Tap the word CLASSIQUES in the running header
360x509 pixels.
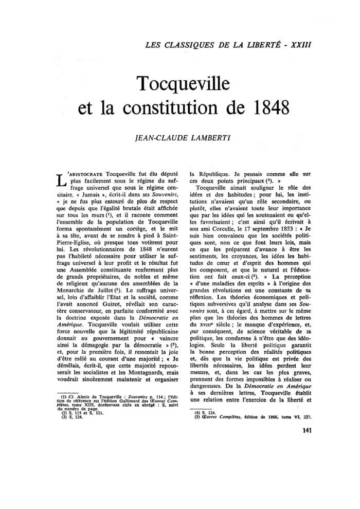[188, 44]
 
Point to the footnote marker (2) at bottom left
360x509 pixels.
[65, 413]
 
